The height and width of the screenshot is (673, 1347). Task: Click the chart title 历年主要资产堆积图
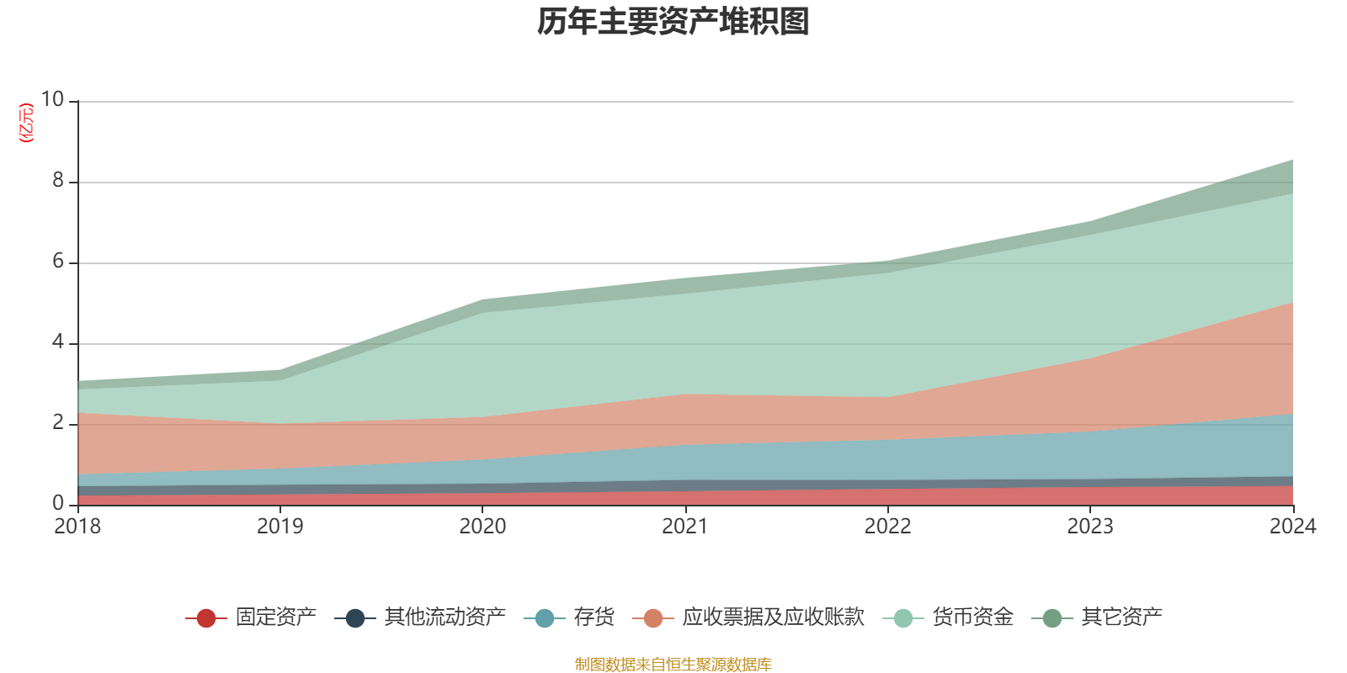(x=673, y=22)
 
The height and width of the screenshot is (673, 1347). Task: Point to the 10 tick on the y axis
(x=53, y=99)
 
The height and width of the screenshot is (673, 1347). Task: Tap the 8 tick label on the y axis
(x=58, y=180)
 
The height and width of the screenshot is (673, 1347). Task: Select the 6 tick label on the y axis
(x=58, y=261)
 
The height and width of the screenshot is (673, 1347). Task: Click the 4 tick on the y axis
(x=58, y=342)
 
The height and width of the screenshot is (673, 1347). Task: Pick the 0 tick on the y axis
(x=58, y=503)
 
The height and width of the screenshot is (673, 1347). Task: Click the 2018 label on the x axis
(x=77, y=527)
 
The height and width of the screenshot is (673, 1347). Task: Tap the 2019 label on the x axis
(x=280, y=527)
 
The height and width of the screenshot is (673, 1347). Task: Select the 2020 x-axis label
(x=482, y=527)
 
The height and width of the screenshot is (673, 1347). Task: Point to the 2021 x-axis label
(x=685, y=527)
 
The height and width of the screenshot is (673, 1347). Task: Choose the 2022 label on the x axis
(x=887, y=527)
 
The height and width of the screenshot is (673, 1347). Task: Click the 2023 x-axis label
(x=1090, y=527)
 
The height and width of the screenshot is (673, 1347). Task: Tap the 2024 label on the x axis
(x=1292, y=527)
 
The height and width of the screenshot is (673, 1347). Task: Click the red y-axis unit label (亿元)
(x=27, y=123)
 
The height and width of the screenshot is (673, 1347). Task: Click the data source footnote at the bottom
(x=673, y=665)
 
